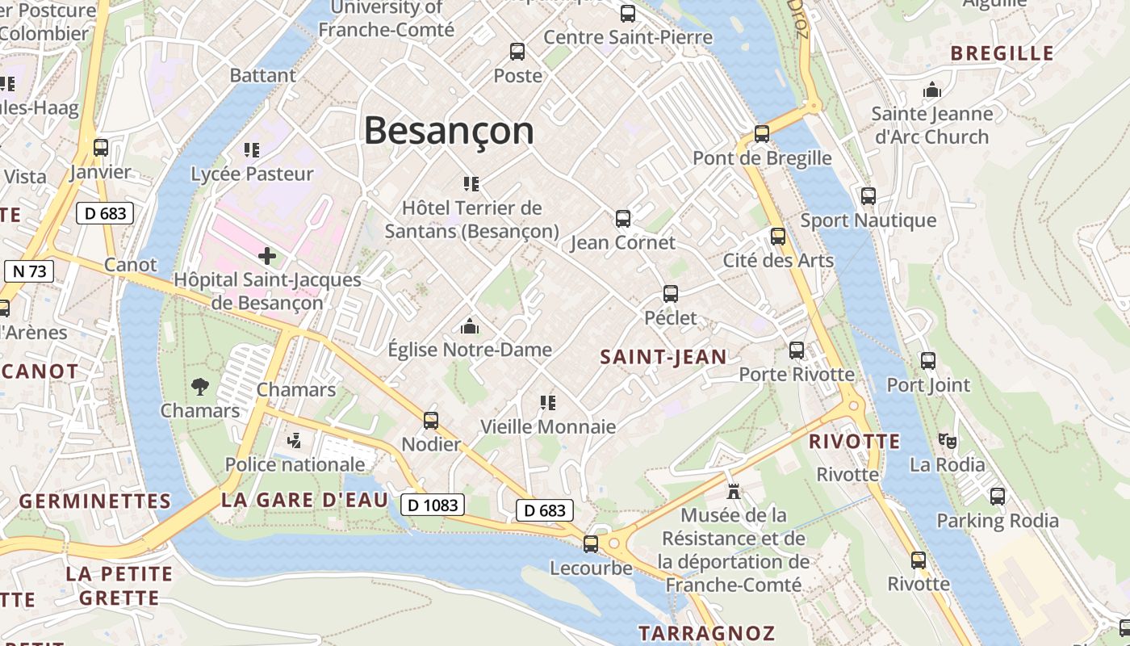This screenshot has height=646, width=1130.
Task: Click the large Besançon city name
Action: tap(449, 130)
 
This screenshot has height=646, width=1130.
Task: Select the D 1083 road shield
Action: tap(433, 505)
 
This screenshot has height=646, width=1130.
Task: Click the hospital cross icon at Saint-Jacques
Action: tap(267, 257)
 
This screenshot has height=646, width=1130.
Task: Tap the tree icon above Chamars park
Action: tap(200, 387)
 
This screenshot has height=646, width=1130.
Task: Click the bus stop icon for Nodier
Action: tap(431, 421)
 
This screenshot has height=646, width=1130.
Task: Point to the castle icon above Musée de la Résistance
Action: tap(733, 490)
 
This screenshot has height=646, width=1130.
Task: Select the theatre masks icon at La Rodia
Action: tap(947, 441)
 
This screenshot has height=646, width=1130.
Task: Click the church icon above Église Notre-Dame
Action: tap(469, 326)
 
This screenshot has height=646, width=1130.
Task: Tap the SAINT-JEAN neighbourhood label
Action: tap(663, 357)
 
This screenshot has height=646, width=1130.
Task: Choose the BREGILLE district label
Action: tap(1002, 54)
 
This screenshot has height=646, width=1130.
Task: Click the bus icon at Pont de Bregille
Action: tap(762, 134)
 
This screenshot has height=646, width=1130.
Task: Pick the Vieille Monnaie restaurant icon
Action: tap(548, 402)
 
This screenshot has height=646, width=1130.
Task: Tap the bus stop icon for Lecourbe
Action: tap(591, 544)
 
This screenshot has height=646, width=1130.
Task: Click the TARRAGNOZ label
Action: tap(706, 633)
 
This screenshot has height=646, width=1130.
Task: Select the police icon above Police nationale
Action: tap(295, 440)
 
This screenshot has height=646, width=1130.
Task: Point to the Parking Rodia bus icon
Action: tap(998, 497)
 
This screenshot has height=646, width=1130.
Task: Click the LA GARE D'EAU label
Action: tap(304, 500)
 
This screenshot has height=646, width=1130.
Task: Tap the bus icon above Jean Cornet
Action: tap(622, 218)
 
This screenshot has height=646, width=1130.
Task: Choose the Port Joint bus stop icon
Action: tap(928, 361)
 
